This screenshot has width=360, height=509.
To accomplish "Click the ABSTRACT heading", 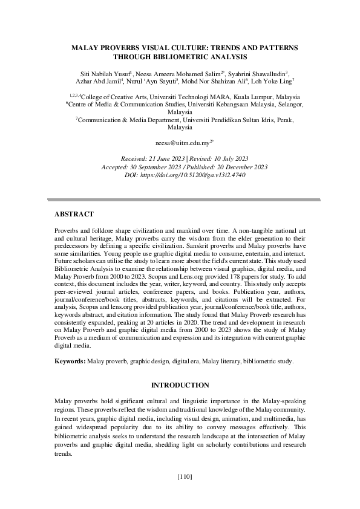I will click(x=74, y=214).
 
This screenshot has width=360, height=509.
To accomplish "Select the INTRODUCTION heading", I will click(x=180, y=385).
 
